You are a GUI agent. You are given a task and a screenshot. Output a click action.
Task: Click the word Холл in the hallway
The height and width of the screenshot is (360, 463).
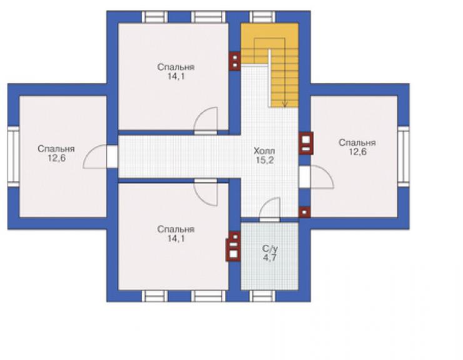(264, 151)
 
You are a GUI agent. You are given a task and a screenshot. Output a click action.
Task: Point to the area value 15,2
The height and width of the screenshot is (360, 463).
(264, 160)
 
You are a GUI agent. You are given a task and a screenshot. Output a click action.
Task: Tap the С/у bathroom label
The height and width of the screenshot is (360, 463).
(270, 249)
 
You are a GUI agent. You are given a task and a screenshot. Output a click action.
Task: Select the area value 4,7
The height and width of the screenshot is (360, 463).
(270, 258)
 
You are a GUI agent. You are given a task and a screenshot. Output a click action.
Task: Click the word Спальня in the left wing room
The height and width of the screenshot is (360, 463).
(56, 148)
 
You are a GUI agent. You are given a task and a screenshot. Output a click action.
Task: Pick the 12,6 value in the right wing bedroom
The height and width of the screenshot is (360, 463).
(358, 152)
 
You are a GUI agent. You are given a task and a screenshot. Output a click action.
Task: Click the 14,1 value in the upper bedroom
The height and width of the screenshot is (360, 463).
(176, 76)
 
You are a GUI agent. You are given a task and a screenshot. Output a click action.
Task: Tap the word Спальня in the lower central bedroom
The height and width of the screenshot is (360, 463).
(176, 229)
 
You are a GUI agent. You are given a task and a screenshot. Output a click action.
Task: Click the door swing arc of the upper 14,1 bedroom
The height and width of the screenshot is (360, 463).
(201, 113)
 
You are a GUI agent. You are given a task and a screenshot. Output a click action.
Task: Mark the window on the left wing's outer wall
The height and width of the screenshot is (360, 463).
(13, 157)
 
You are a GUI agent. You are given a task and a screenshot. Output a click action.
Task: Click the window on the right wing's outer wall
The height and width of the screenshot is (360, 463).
(404, 157)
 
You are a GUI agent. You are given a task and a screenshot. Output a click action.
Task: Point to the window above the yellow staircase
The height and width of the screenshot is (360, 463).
(262, 17)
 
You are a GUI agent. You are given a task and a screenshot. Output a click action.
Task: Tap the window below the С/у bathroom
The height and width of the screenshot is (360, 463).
(262, 296)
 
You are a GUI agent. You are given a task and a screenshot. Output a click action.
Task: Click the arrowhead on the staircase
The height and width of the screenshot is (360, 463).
(285, 104)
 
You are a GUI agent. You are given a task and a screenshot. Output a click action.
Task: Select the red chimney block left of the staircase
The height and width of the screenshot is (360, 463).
(235, 61)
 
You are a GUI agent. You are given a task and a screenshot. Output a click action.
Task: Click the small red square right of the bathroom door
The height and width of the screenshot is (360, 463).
(304, 212)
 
